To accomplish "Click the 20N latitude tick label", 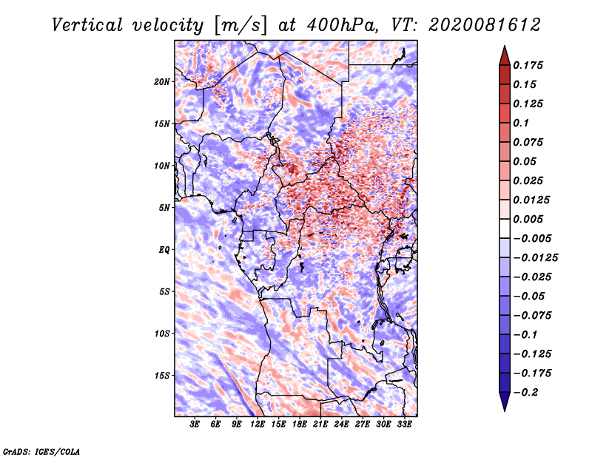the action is coord(162,82).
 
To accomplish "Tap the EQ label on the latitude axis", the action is coord(164,250).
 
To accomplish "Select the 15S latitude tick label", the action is coord(162,376).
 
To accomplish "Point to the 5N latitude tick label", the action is coord(164,208).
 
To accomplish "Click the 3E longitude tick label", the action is coord(195,424).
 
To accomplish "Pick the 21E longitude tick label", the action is coord(320,424).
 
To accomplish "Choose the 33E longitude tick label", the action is coord(404,424).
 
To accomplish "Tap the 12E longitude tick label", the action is coord(257,424).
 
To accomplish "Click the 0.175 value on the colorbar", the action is coord(528,65).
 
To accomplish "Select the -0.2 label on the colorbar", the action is coord(525,393).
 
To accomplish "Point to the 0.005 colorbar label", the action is coord(528,219).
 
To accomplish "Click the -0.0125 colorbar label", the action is coord(535,258).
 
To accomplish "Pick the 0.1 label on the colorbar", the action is coord(521,123).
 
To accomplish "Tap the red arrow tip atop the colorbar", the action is coord(505,46).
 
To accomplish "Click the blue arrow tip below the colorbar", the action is coord(505,410).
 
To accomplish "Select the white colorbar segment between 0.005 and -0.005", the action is coord(505,228).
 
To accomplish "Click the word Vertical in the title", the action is coord(87,25).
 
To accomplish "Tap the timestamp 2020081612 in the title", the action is coord(485,25).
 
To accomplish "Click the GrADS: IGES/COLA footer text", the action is coord(41,452).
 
